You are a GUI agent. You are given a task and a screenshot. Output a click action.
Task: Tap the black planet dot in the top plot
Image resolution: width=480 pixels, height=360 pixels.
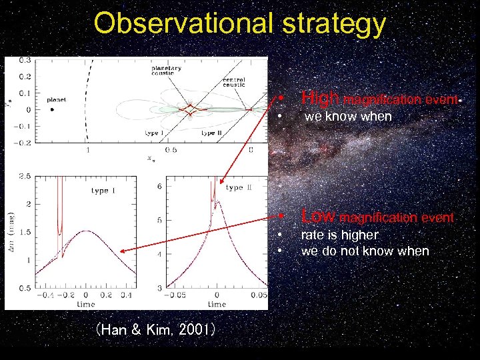53,109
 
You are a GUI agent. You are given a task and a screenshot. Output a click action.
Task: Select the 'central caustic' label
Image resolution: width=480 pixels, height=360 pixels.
234,83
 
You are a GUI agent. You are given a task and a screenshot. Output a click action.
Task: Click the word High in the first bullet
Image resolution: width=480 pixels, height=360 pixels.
321,99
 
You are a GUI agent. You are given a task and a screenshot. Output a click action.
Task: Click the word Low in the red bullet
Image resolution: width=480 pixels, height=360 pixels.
319,217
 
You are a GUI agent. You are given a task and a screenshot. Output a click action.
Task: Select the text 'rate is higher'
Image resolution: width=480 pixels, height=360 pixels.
339,235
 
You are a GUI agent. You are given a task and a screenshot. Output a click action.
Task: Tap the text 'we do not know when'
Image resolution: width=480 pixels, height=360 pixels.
365,251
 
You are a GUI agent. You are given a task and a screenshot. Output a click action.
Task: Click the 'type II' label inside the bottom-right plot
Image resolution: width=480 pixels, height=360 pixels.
239,188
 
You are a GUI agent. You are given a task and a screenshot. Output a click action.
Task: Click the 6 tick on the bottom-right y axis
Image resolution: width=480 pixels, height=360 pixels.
159,187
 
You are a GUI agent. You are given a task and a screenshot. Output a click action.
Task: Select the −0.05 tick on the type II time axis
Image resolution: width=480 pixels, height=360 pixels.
175,294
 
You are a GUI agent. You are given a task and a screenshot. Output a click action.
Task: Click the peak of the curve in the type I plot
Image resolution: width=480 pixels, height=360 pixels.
87,231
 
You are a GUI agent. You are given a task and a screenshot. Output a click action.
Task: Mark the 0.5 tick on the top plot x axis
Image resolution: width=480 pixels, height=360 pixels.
171,150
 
